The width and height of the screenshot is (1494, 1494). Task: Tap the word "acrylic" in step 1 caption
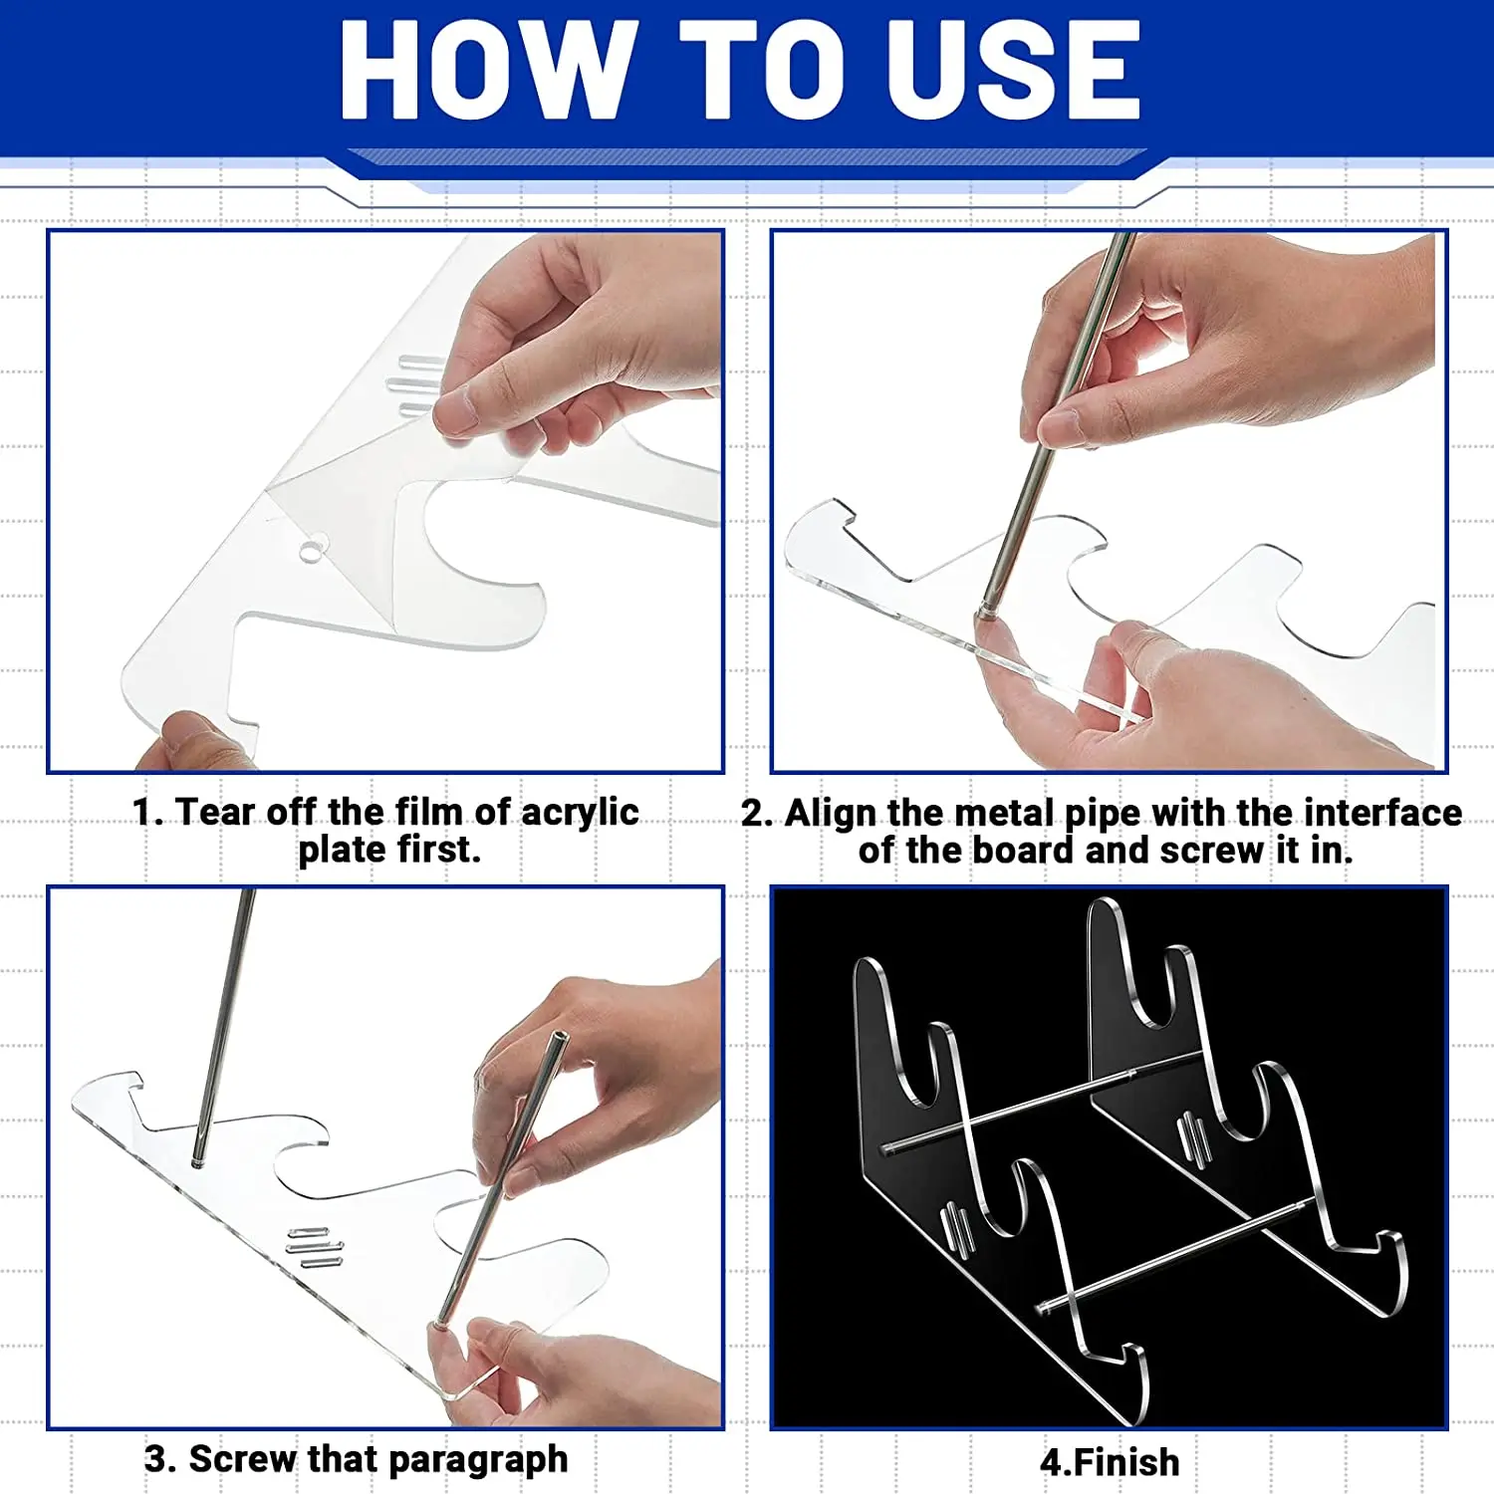tap(580, 812)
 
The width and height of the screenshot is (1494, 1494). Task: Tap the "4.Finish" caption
tap(1110, 1462)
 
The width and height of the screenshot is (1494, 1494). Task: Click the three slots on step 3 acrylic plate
tap(314, 1248)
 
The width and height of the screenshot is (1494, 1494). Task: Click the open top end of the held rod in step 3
tap(559, 1039)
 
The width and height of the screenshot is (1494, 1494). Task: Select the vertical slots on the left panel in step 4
tap(957, 1230)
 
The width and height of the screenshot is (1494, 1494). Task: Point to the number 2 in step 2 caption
tap(754, 813)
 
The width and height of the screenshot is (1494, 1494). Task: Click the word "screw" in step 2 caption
tap(1210, 851)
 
